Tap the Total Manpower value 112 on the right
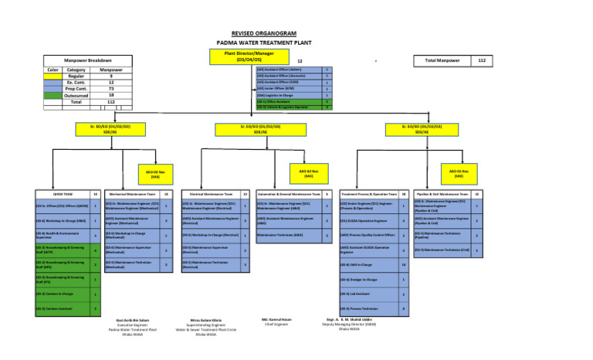point(482,60)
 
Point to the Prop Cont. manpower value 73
point(111,89)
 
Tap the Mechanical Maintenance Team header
point(134,194)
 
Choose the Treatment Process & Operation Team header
point(369,194)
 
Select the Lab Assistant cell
point(369,294)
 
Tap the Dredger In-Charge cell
point(369,279)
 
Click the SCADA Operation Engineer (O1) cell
point(369,220)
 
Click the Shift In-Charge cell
point(369,264)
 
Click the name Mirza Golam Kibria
point(206,320)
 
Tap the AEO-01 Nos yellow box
point(459,173)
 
